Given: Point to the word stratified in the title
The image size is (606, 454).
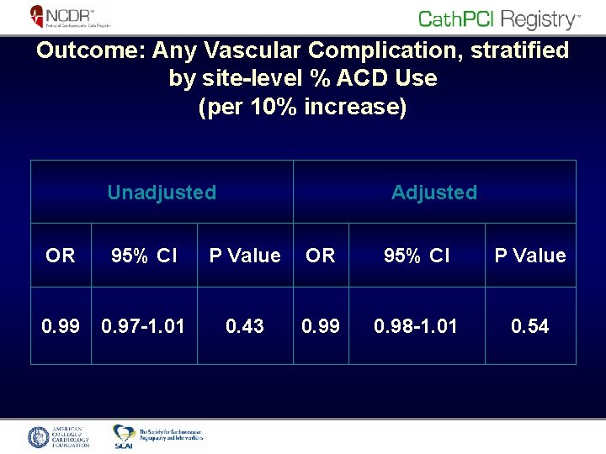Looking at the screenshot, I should pyautogui.click(x=515, y=50).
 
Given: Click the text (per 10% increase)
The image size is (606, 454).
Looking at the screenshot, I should pyautogui.click(x=302, y=108).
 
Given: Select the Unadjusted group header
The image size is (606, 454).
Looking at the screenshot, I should pyautogui.click(x=162, y=193).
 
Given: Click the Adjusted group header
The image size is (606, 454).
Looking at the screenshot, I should pyautogui.click(x=433, y=193).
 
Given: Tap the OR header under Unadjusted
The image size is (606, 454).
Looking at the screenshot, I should pyautogui.click(x=60, y=256).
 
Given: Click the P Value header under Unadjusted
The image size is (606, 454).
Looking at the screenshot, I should pyautogui.click(x=245, y=256).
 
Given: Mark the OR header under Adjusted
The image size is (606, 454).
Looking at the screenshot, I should pyautogui.click(x=321, y=256).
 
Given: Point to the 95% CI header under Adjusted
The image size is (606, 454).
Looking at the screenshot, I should pyautogui.click(x=417, y=256).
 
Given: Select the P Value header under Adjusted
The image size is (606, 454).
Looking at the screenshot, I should pyautogui.click(x=530, y=256).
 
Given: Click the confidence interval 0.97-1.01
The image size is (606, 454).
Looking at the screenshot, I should pyautogui.click(x=142, y=325).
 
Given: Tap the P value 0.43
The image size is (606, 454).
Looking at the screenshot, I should pyautogui.click(x=245, y=325).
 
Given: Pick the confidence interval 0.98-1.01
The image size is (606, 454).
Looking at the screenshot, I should pyautogui.click(x=417, y=325).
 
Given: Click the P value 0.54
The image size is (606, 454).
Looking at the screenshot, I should pyautogui.click(x=530, y=325).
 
